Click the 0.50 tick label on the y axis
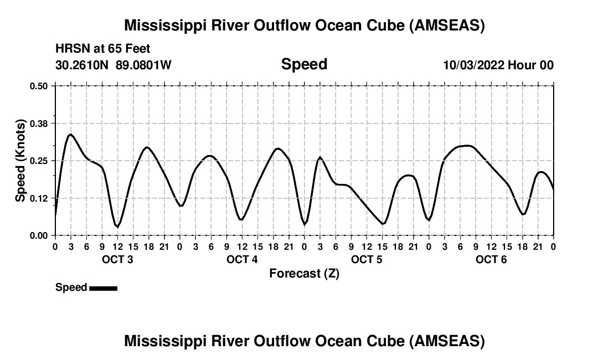[x=39, y=86]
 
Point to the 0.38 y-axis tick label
[x=39, y=123]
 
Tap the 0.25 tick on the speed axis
[x=39, y=161]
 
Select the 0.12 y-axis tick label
[x=39, y=198]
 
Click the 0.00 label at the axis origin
[x=39, y=235]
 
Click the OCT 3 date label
[x=117, y=260]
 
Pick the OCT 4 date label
[x=242, y=260]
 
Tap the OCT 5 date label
[x=367, y=260]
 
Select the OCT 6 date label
[x=491, y=260]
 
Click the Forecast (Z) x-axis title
[x=304, y=274]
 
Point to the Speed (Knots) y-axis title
[x=20, y=161]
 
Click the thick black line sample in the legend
[x=103, y=288]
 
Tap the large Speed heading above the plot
[x=304, y=64]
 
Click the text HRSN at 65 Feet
[x=103, y=49]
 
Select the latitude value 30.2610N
[x=83, y=65]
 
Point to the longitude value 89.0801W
[x=143, y=65]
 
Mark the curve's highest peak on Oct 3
[x=70, y=134]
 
